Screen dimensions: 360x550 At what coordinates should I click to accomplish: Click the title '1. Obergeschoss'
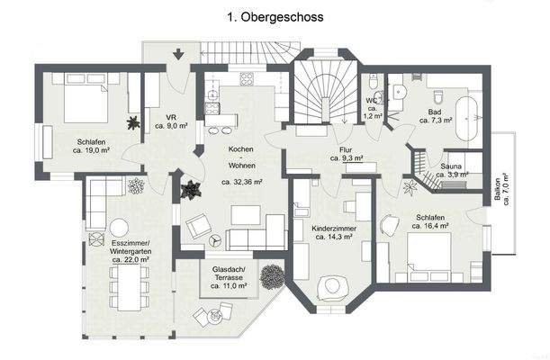tap(275, 17)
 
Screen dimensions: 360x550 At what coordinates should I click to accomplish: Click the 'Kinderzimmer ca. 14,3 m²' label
tap(335, 234)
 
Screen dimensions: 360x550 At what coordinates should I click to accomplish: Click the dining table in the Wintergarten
tap(125, 289)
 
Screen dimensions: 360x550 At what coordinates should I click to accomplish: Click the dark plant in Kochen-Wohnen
tap(191, 190)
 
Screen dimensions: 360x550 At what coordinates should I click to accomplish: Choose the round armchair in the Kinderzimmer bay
tap(336, 287)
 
